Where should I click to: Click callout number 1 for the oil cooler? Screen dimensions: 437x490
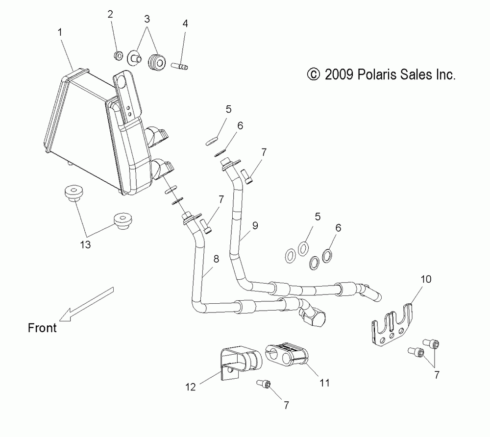(x=60, y=33)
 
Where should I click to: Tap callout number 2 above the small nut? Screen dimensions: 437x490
(x=110, y=14)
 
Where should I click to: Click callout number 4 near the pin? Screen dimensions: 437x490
(x=185, y=23)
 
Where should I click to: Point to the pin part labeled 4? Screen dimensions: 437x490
(x=180, y=64)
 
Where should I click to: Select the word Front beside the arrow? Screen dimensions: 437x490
(x=42, y=328)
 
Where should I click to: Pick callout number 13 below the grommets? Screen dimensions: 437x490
(x=86, y=245)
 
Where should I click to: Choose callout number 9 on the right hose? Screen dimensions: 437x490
(x=255, y=226)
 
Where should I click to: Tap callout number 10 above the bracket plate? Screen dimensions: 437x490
(x=425, y=280)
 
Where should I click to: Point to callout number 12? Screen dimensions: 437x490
(x=190, y=387)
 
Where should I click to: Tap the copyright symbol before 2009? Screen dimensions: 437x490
(x=312, y=75)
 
